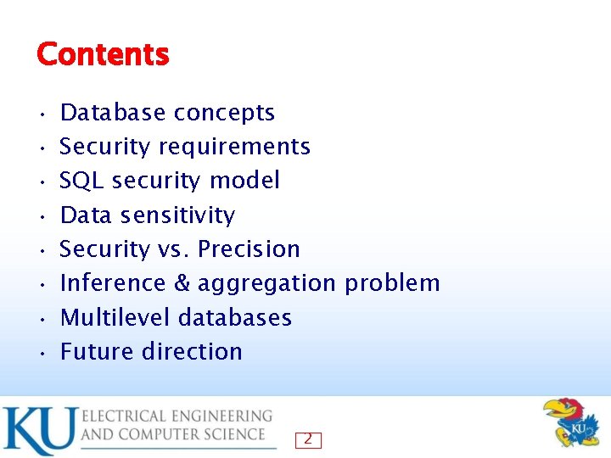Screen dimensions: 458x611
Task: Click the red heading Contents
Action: (x=103, y=55)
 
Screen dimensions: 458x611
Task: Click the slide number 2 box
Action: (x=308, y=439)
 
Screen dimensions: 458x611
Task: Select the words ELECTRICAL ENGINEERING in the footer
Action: (x=177, y=416)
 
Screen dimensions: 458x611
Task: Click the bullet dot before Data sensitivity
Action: (x=42, y=216)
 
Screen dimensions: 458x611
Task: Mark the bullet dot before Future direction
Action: (x=42, y=353)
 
